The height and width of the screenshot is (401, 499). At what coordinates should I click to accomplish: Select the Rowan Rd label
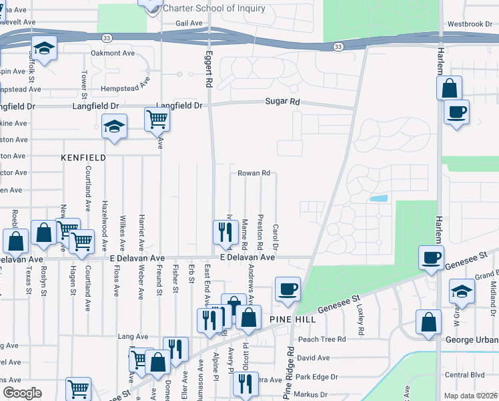(254, 173)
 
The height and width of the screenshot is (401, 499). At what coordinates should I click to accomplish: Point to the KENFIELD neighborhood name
(83, 158)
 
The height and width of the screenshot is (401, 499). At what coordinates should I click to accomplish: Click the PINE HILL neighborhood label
(291, 320)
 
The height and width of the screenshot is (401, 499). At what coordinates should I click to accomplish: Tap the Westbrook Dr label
(470, 24)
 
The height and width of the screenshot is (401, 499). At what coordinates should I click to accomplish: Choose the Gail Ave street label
(189, 23)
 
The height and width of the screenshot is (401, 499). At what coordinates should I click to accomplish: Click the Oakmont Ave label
(113, 53)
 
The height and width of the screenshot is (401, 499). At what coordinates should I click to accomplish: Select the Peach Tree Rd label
(322, 340)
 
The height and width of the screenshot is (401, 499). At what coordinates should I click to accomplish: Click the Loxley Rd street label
(360, 319)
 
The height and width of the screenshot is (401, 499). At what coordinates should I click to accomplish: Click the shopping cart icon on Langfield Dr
(157, 119)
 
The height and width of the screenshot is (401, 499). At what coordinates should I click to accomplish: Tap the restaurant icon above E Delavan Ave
(223, 231)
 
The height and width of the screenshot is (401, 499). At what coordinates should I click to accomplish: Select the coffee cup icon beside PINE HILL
(288, 289)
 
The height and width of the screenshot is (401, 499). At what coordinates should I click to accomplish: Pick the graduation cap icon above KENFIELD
(114, 125)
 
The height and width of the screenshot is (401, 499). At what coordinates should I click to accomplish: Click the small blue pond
(378, 198)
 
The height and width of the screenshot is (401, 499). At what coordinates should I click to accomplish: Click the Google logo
(21, 393)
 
